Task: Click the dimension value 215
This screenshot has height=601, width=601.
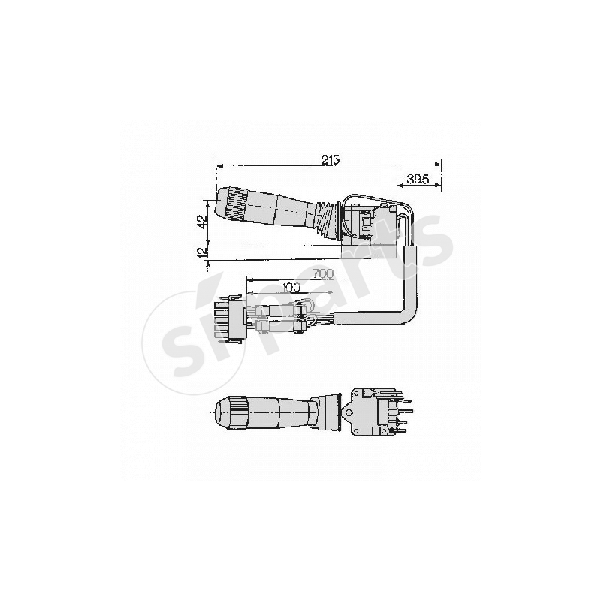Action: [x=331, y=159]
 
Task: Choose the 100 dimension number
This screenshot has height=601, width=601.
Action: [x=291, y=287]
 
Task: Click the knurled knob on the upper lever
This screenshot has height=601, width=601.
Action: [x=234, y=204]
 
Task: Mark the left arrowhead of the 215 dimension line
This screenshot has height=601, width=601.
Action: [x=219, y=165]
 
